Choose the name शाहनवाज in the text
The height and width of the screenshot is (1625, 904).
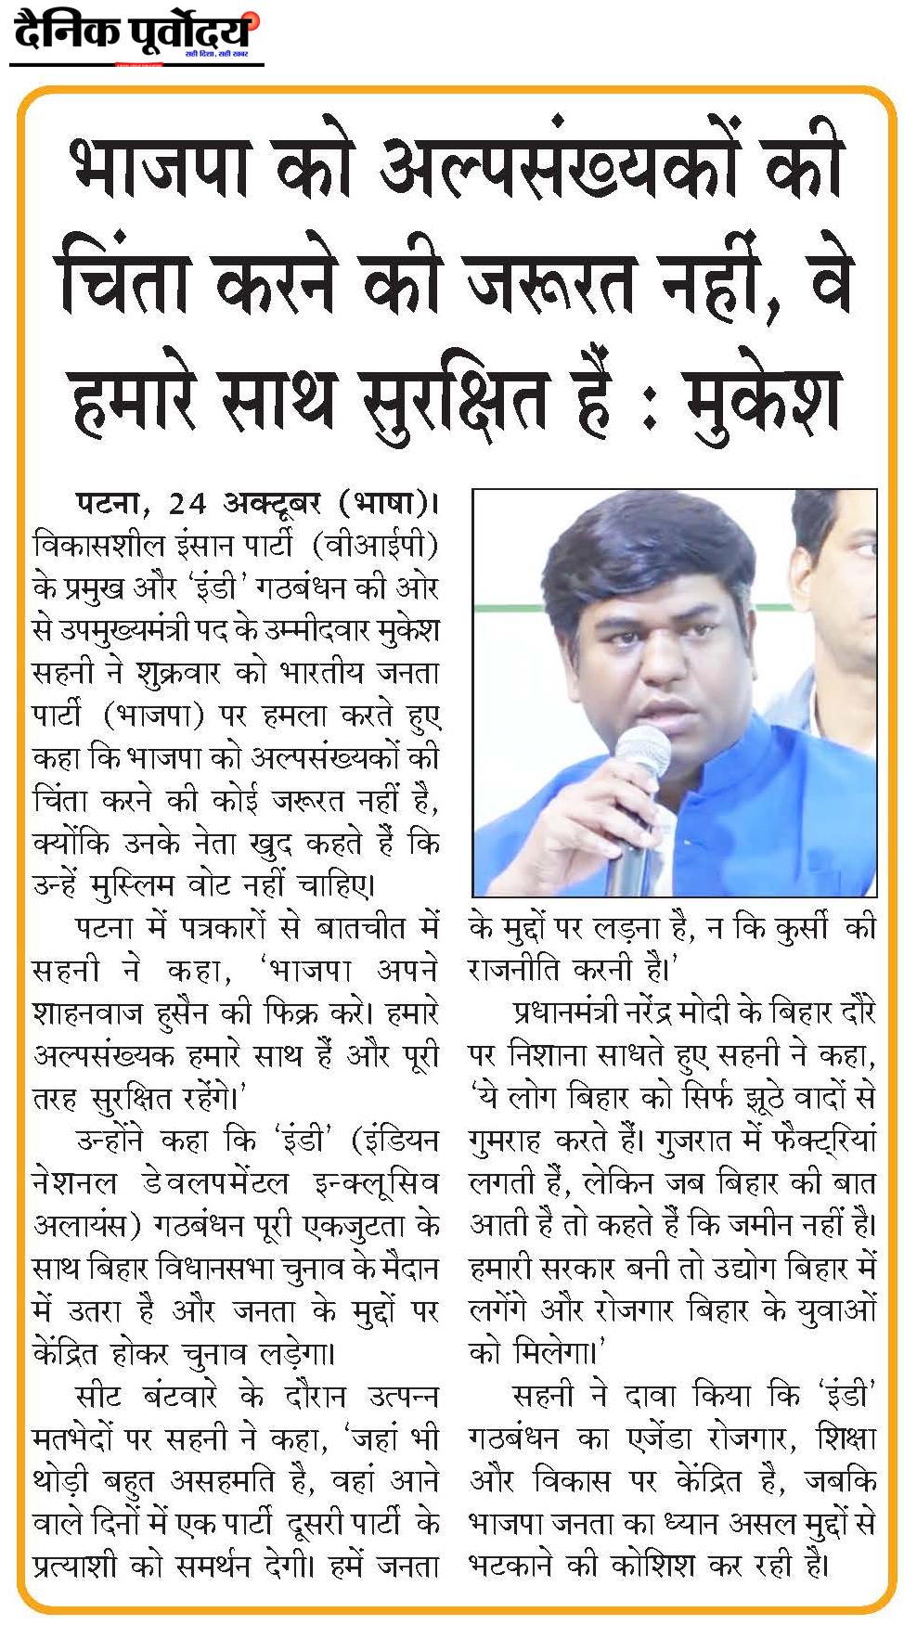[87, 1012]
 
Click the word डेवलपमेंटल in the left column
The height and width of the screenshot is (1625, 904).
[214, 1182]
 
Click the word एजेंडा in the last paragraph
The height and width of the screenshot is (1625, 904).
[660, 1438]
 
